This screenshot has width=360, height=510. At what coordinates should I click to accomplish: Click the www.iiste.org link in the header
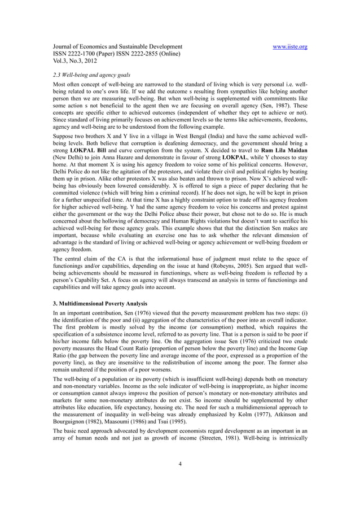click(289, 47)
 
